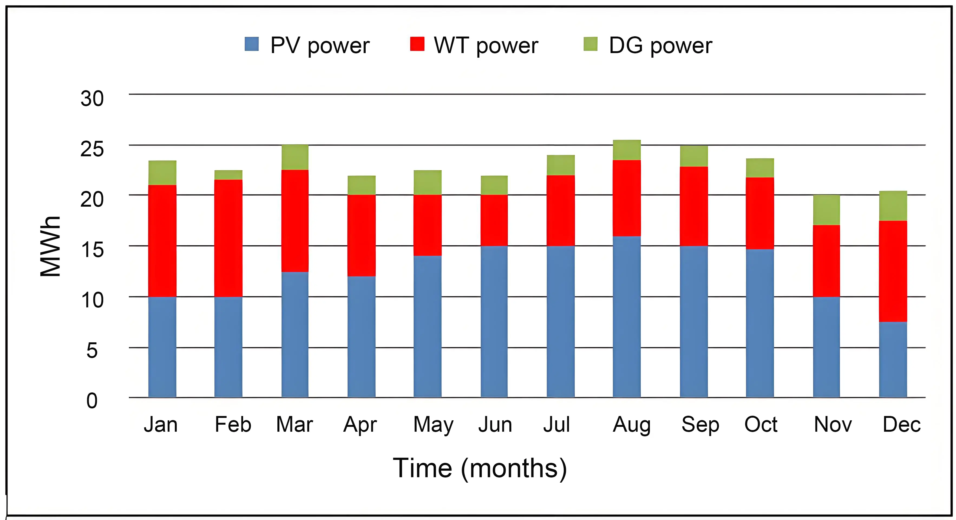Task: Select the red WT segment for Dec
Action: pos(893,271)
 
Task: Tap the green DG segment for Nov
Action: pos(826,210)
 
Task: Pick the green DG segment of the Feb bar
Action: pos(228,175)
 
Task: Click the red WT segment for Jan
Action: pos(162,241)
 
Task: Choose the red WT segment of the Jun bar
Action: pos(494,220)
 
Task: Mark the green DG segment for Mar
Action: pos(295,157)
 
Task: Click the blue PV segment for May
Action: pos(428,326)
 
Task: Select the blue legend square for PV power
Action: pos(252,44)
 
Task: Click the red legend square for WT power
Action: pos(417,44)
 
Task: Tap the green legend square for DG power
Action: pos(590,44)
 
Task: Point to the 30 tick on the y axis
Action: pos(92,99)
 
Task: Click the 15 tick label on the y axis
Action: pos(92,250)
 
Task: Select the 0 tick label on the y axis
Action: pos(92,401)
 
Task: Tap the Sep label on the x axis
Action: pos(700,425)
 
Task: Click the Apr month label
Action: pos(360,425)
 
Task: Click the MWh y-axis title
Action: pos(50,246)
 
